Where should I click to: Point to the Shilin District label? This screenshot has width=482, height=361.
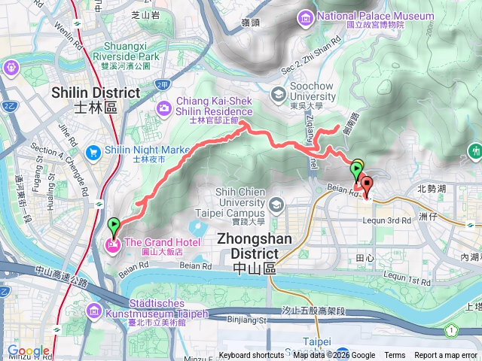(x=95, y=99)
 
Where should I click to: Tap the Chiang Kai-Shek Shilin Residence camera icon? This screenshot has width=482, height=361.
(x=163, y=110)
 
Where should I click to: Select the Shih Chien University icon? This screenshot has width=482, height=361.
(x=276, y=204)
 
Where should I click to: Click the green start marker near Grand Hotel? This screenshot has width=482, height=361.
(x=114, y=225)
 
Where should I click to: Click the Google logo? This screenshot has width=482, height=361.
(x=27, y=351)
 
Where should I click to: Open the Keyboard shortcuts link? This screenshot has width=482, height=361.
(x=252, y=356)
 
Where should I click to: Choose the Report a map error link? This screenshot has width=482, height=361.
(x=447, y=356)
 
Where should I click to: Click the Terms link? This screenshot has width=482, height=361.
(x=395, y=356)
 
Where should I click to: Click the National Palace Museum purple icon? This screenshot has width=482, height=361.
(x=306, y=17)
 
